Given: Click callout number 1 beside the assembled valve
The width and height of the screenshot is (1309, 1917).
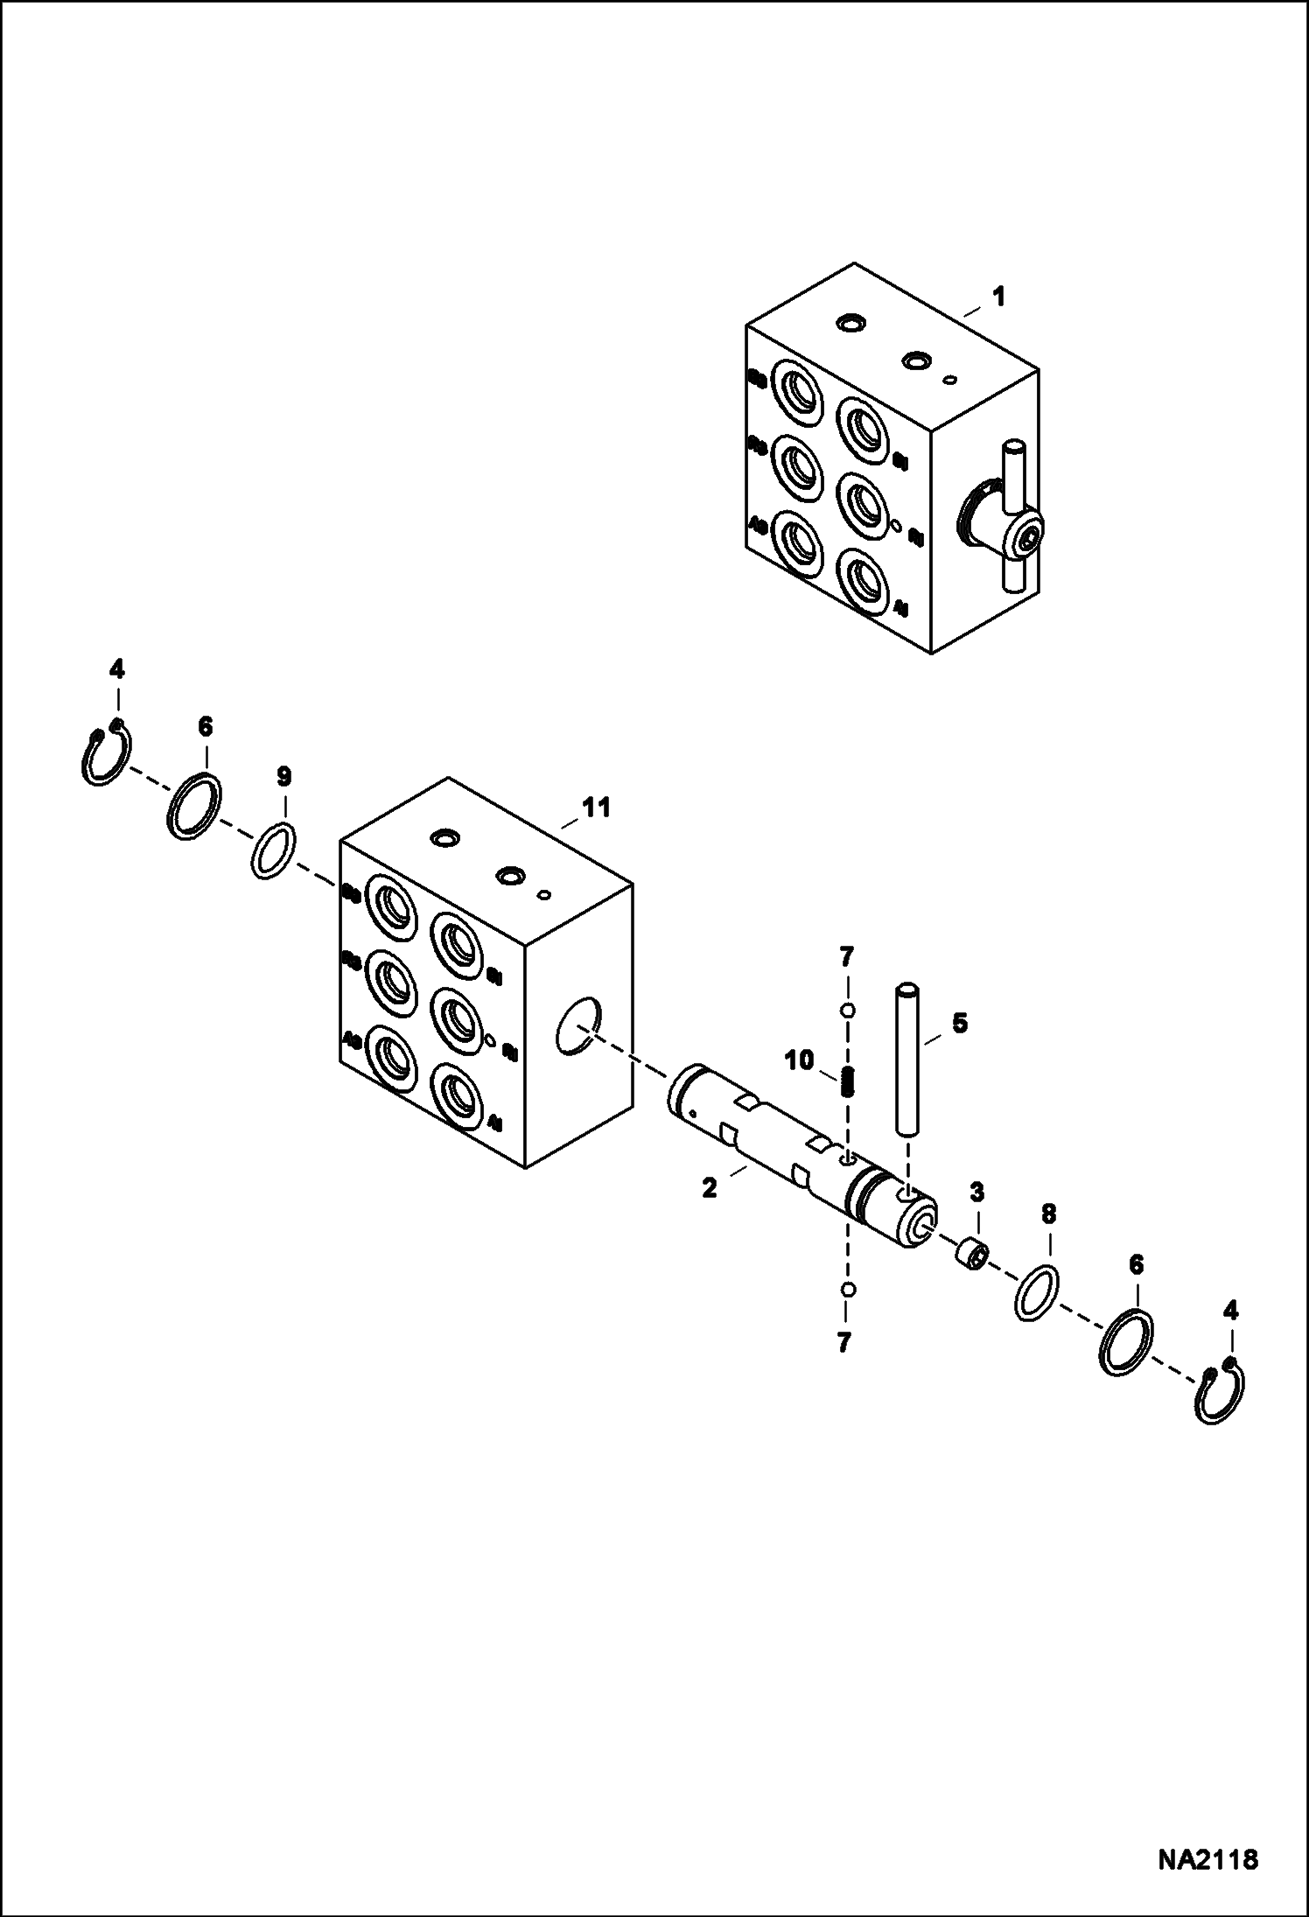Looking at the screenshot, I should tap(997, 297).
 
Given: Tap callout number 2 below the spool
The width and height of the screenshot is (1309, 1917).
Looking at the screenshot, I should tap(709, 1187).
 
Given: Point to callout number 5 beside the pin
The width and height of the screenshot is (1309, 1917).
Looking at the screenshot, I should tap(960, 1023).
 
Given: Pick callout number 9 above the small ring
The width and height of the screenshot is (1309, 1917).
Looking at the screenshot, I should tap(283, 776).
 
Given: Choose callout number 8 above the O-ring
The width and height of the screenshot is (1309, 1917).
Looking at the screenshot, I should tap(1048, 1214).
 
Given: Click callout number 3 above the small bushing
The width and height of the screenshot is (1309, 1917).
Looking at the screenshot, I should tap(976, 1192).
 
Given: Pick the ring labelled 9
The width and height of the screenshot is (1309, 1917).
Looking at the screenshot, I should tap(273, 848).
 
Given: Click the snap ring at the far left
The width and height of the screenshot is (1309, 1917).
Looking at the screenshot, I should tap(102, 753).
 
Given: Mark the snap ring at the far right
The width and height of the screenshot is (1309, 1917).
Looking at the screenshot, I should tap(1224, 1395).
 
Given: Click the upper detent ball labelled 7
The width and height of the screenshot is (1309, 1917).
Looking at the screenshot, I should tap(846, 1011).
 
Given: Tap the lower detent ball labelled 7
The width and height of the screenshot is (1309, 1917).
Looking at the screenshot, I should tap(846, 1289).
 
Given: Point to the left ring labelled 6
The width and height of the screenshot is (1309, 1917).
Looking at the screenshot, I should tap(192, 806).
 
